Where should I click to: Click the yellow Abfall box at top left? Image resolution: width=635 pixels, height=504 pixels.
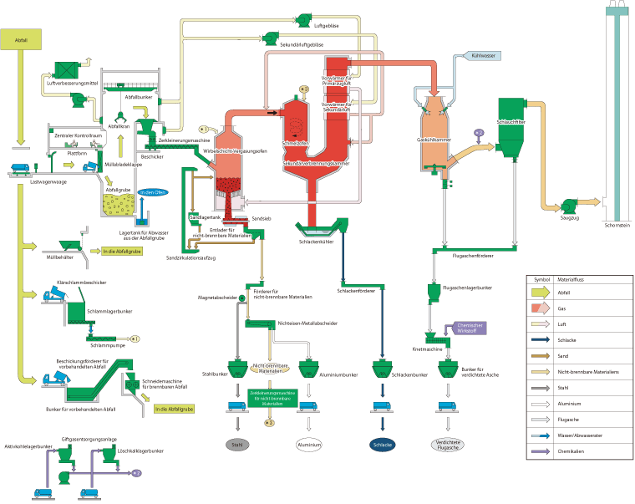pyautogui.click(x=22, y=39)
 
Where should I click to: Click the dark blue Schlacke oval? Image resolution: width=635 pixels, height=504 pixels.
pyautogui.click(x=382, y=445)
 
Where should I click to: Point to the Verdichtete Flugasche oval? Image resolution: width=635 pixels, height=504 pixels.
pyautogui.click(x=450, y=445)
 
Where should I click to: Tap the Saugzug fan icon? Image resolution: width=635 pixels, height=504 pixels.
pyautogui.click(x=570, y=203)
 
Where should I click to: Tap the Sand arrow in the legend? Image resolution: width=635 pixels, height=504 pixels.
pyautogui.click(x=545, y=355)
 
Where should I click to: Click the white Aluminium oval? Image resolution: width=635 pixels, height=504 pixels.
pyautogui.click(x=308, y=445)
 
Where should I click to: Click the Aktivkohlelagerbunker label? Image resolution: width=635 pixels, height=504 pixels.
pyautogui.click(x=29, y=447)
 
